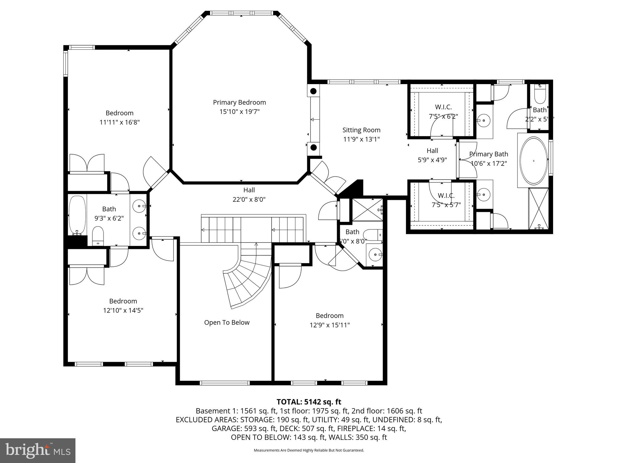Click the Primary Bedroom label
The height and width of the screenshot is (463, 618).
pos(239,102)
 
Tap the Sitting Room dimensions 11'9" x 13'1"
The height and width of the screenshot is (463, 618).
pos(361,139)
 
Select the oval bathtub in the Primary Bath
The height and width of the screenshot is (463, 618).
pos(534,161)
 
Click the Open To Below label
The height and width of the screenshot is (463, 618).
pos(227,323)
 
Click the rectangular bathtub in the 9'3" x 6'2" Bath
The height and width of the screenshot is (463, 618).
pos(78,215)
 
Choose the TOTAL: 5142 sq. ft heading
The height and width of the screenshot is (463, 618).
pos(309,402)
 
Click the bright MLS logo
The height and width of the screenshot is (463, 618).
pos(38,450)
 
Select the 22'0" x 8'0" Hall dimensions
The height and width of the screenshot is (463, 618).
pos(249,200)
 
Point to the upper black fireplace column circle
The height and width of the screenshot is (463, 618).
pos(314,91)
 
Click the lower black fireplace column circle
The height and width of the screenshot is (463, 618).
pos(314,147)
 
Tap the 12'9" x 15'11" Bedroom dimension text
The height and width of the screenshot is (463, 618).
pos(330,325)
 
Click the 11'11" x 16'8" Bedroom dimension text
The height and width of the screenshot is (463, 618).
pos(119,122)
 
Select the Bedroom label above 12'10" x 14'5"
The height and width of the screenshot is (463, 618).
pos(123,301)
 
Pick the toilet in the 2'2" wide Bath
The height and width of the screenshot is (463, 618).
pos(540,95)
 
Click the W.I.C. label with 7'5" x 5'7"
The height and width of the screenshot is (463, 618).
pos(446,196)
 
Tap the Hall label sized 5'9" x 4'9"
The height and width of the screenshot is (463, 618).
pos(432,151)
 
